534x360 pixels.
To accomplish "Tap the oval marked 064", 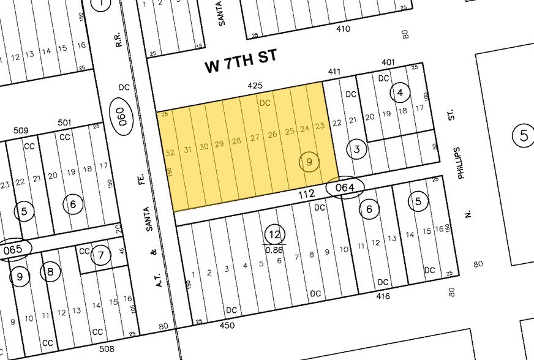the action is pyautogui.click(x=345, y=188).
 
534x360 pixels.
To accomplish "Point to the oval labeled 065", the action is pyautogui.click(x=12, y=250).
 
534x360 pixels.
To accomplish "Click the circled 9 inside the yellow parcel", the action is pyautogui.click(x=309, y=162).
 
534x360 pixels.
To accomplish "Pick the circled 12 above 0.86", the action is pyautogui.click(x=274, y=233).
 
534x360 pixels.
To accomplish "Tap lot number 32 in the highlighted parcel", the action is pyautogui.click(x=170, y=151).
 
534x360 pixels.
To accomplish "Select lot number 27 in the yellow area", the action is pyautogui.click(x=255, y=137).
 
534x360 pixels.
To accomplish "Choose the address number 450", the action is pyautogui.click(x=227, y=325).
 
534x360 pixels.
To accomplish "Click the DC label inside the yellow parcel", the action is pyautogui.click(x=265, y=103).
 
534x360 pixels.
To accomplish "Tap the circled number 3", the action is pyautogui.click(x=356, y=149).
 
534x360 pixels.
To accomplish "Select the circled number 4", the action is pyautogui.click(x=400, y=93).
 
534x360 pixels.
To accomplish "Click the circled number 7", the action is pyautogui.click(x=101, y=255).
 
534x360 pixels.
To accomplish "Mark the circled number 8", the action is pyautogui.click(x=50, y=271).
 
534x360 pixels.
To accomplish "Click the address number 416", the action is pyautogui.click(x=383, y=296).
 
